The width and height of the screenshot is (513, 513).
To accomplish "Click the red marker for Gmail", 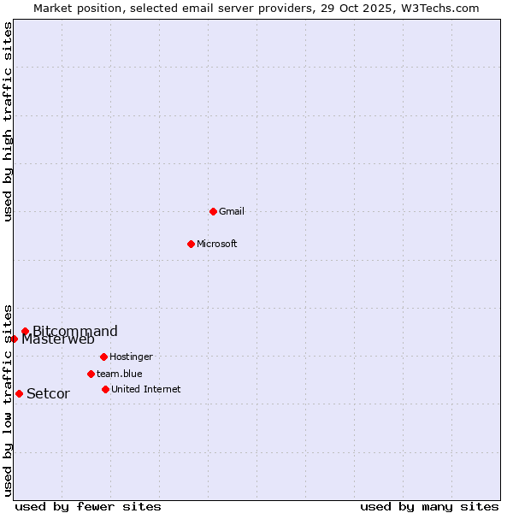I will pos(213,211).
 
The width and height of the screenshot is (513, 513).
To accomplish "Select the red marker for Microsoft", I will pos(191,244).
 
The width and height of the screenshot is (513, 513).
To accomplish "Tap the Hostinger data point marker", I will pos(103,357).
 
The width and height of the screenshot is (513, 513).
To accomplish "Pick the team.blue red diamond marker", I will pos(91,374).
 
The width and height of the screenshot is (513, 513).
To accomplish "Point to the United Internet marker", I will pos(105,389).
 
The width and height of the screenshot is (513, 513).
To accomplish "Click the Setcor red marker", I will pos(19,393).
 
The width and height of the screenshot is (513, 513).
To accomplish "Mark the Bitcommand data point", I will pos(25,331).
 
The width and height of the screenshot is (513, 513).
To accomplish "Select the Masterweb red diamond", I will pos(14,339).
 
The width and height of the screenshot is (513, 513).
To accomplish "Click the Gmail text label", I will pos(232,211).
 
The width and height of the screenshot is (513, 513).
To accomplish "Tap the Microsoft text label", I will pos(217,244).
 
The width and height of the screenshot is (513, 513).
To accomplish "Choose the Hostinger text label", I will pos(131,357).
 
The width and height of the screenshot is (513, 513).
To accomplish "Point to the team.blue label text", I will pos(120,374).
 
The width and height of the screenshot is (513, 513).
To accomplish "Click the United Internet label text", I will pos(145,389).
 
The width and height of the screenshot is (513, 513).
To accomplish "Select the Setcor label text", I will pos(48,393).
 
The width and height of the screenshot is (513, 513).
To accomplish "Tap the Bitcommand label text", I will pos(75,331).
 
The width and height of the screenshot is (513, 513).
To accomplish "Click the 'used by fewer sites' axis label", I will pos(88,506).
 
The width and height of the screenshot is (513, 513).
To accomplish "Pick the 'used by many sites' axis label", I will pos(429,506).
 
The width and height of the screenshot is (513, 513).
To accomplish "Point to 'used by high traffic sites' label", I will pos(8,121).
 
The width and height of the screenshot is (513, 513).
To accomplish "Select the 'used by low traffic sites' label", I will pos(8,399).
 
